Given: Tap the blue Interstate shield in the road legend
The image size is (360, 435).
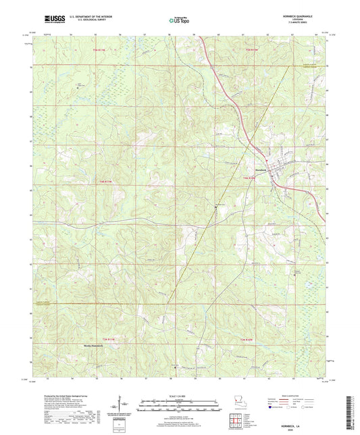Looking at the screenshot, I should click(274, 407).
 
